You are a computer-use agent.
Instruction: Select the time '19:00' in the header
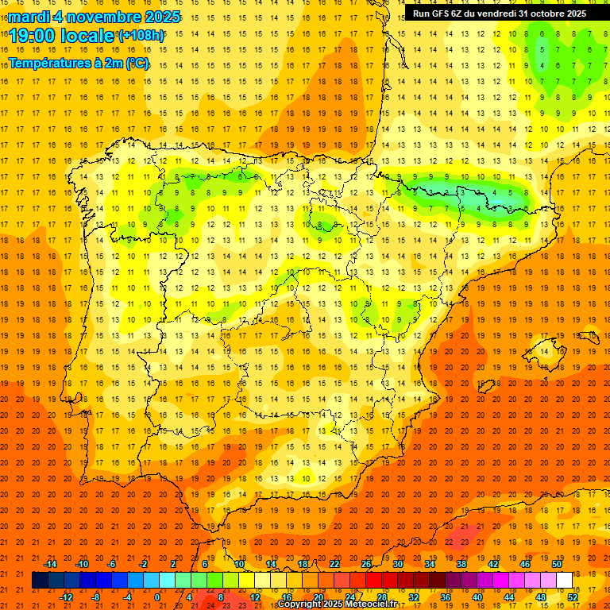33,36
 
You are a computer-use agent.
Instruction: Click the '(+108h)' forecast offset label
141,36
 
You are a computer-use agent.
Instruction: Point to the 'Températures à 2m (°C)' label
79,63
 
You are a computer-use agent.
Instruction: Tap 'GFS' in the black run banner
440,14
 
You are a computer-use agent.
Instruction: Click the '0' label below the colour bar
157,597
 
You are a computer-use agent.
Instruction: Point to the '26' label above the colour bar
366,564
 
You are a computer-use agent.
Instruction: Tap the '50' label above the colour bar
557,564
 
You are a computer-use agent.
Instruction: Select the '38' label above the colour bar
461,564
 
